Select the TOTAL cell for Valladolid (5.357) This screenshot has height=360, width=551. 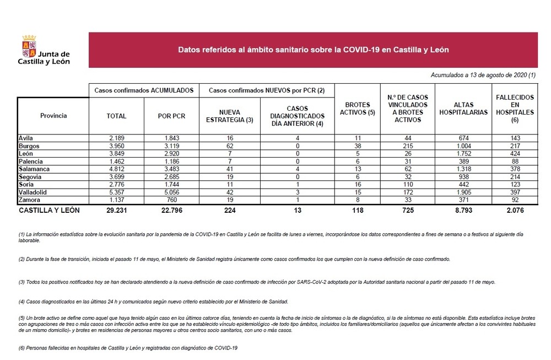(x=116, y=193)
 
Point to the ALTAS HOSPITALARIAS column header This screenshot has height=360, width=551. (x=463, y=109)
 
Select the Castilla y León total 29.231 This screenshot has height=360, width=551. (x=116, y=210)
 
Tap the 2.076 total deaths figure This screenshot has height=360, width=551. (x=515, y=210)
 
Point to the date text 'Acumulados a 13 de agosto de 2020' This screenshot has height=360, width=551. (x=483, y=75)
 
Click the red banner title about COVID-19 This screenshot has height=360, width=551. (x=313, y=50)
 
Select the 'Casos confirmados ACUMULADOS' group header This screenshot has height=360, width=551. (x=144, y=89)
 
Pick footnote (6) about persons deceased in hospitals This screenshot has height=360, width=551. (x=127, y=348)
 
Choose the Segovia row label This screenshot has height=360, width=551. (x=31, y=178)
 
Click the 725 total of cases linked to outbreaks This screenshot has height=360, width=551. (x=408, y=210)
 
